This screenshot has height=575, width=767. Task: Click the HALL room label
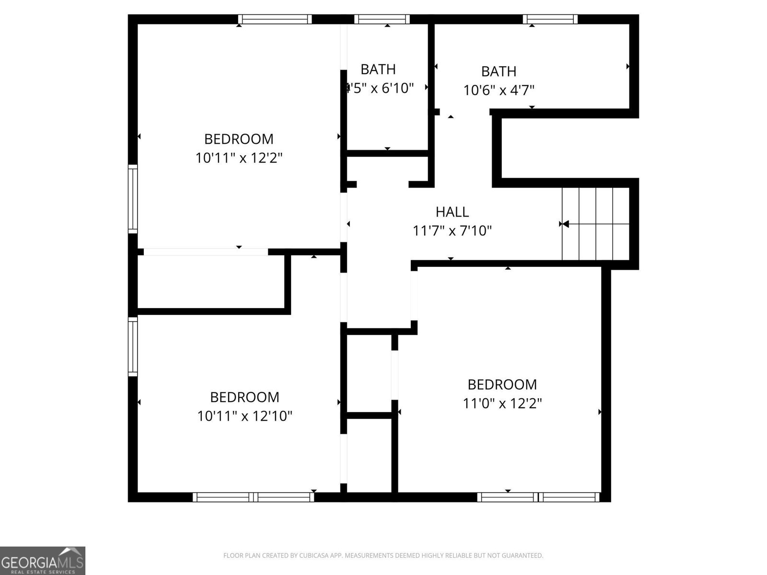pyautogui.click(x=452, y=212)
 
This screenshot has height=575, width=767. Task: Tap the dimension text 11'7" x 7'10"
pyautogui.click(x=452, y=231)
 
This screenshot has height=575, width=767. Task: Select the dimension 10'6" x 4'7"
pyautogui.click(x=499, y=90)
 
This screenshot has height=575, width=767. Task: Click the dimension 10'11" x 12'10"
pyautogui.click(x=244, y=415)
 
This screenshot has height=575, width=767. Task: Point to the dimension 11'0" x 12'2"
pyautogui.click(x=502, y=403)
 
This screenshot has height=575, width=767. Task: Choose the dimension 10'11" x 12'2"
pyautogui.click(x=239, y=158)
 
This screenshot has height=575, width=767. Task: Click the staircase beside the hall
pyautogui.click(x=595, y=224)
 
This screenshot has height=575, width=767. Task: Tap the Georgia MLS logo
pyautogui.click(x=43, y=560)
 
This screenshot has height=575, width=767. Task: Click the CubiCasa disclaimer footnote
pyautogui.click(x=383, y=556)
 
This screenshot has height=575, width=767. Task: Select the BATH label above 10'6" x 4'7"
pyautogui.click(x=499, y=71)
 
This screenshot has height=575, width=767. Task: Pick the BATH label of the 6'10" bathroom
pyautogui.click(x=378, y=69)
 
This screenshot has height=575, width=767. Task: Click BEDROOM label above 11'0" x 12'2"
pyautogui.click(x=502, y=384)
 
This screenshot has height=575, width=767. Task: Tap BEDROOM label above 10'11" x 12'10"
pyautogui.click(x=244, y=397)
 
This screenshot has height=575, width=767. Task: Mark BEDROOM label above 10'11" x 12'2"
pyautogui.click(x=239, y=139)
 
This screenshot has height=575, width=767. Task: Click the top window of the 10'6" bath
pyautogui.click(x=550, y=19)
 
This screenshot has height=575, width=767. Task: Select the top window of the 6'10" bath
pyautogui.click(x=382, y=19)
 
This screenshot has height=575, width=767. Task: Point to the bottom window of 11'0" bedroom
pyautogui.click(x=538, y=497)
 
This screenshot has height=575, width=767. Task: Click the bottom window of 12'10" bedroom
pyautogui.click(x=253, y=497)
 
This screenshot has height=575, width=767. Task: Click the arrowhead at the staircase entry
pyautogui.click(x=565, y=224)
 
